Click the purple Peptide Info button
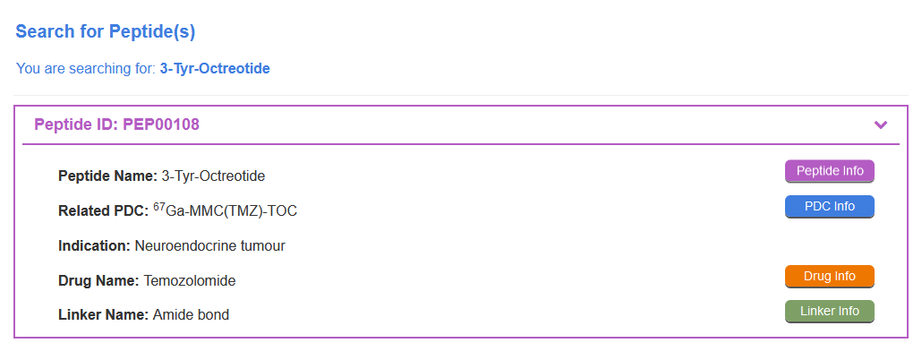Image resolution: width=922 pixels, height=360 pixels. pyautogui.click(x=830, y=171)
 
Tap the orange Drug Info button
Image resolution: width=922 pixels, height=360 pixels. pyautogui.click(x=830, y=277)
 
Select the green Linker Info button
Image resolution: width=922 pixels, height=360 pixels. pyautogui.click(x=830, y=311)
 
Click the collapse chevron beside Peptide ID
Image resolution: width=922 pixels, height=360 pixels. pyautogui.click(x=880, y=124)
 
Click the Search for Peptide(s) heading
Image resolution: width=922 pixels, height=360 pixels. pyautogui.click(x=106, y=31)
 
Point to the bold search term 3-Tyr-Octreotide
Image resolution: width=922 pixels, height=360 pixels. pyautogui.click(x=215, y=69)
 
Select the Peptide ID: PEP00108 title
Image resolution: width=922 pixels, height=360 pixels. pyautogui.click(x=116, y=124)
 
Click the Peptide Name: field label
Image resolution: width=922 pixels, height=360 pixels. pyautogui.click(x=107, y=176)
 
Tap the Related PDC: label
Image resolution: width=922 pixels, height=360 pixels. pyautogui.click(x=104, y=210)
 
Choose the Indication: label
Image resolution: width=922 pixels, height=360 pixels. pyautogui.click(x=94, y=246)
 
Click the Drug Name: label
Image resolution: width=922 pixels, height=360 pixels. pyautogui.click(x=98, y=281)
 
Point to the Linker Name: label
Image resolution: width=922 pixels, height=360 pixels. pyautogui.click(x=104, y=315)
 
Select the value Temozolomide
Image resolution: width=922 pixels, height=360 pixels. pyautogui.click(x=190, y=281)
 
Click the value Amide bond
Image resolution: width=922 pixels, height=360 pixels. pyautogui.click(x=191, y=315)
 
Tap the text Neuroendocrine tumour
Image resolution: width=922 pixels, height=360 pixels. pyautogui.click(x=210, y=246)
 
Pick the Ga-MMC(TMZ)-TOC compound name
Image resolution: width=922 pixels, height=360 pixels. pyautogui.click(x=232, y=211)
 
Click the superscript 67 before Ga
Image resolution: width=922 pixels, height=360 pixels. pyautogui.click(x=159, y=207)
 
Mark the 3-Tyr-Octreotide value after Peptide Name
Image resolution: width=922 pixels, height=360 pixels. pyautogui.click(x=213, y=176)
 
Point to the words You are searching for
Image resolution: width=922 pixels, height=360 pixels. pyautogui.click(x=86, y=69)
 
